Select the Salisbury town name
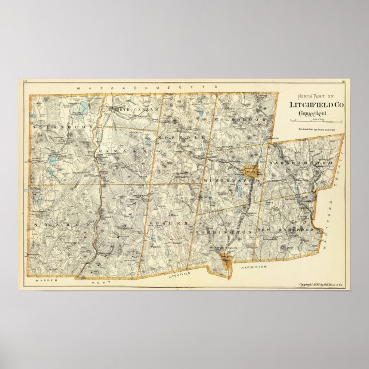pyautogui.click(x=55, y=125)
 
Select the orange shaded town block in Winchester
pyautogui.click(x=251, y=170)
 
